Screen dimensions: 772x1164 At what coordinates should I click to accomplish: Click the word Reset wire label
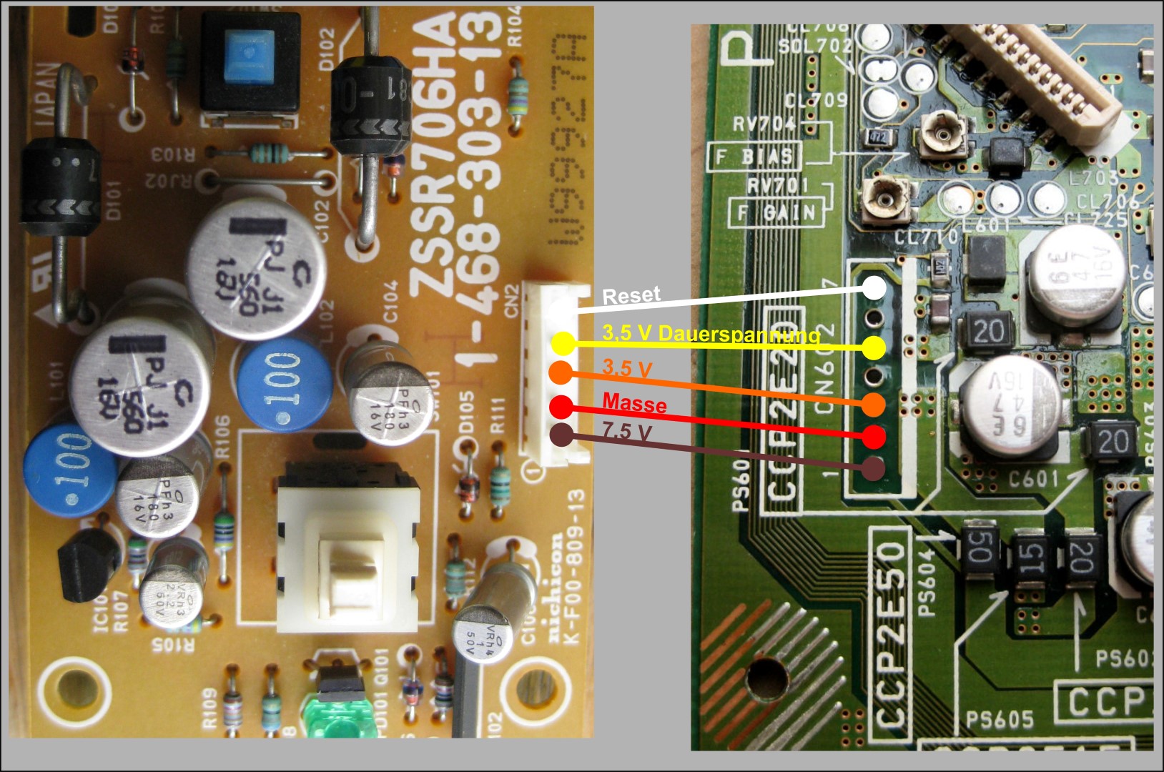(x=631, y=295)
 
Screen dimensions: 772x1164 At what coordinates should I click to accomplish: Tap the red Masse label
(x=634, y=404)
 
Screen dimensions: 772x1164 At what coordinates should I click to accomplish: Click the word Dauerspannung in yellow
(x=739, y=334)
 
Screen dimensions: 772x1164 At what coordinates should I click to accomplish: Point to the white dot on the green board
(x=873, y=287)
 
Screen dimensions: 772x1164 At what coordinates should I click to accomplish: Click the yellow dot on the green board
(x=873, y=348)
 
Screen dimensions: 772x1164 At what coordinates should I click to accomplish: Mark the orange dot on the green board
(x=873, y=405)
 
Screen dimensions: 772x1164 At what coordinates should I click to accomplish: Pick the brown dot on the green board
(x=872, y=469)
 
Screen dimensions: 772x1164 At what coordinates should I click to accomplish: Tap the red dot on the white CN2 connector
(x=561, y=407)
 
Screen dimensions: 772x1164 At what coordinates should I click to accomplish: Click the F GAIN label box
(x=777, y=212)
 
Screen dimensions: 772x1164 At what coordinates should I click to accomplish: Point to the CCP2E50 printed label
(x=891, y=633)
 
